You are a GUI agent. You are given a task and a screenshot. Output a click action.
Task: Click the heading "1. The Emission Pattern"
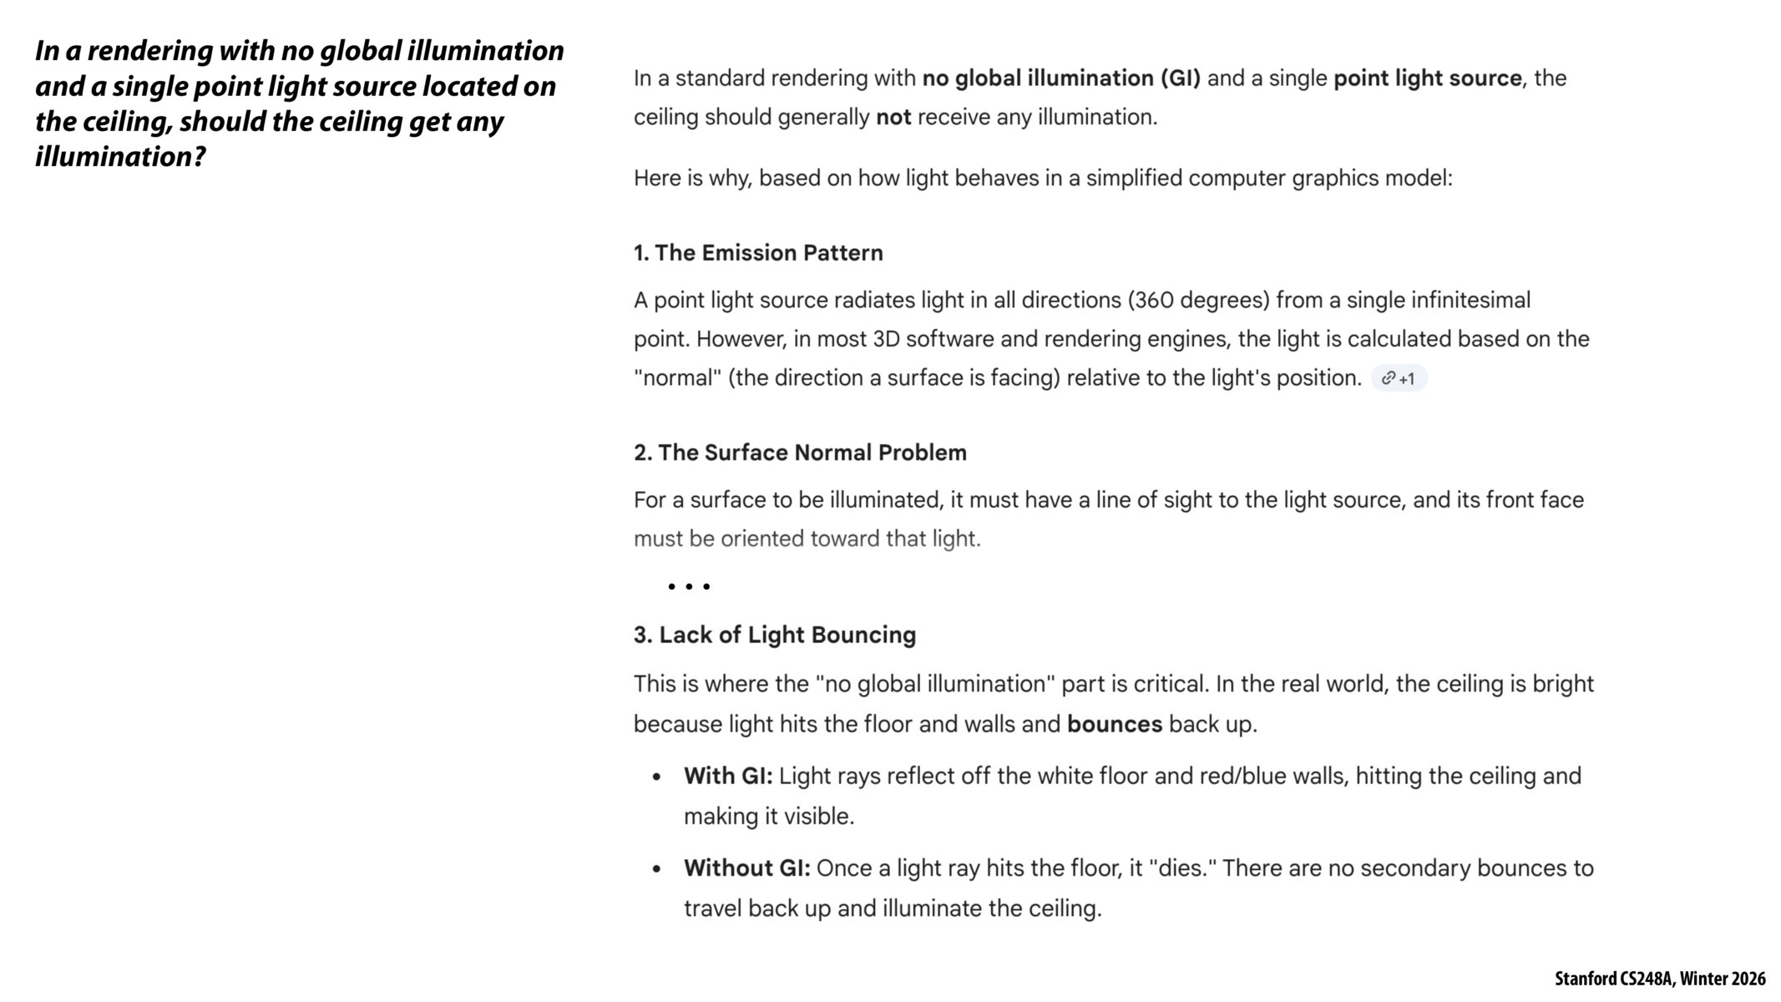point(757,253)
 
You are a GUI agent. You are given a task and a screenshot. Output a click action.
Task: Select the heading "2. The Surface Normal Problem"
point(799,453)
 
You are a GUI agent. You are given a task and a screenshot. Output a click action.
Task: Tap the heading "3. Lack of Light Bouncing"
point(774,635)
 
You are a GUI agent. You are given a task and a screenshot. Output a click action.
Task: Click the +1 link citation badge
point(1399,378)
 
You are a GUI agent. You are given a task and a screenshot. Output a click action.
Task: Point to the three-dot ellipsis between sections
point(689,587)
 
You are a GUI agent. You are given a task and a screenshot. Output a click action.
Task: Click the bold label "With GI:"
point(728,777)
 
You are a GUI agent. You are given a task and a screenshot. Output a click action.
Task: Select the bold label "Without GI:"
point(746,868)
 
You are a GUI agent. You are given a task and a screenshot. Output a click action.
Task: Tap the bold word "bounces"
point(1114,724)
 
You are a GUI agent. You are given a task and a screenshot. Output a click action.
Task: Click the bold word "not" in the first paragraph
point(893,118)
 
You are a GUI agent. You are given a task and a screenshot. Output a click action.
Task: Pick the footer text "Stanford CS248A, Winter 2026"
point(1659,979)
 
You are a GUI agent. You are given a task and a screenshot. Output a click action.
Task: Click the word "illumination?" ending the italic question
point(120,157)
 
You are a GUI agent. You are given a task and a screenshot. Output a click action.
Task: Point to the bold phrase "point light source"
point(1427,78)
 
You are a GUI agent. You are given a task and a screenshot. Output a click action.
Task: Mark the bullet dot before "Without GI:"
point(656,869)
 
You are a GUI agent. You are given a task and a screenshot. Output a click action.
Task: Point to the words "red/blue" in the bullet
point(1242,777)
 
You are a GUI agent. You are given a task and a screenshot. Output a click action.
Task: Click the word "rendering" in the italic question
point(149,51)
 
